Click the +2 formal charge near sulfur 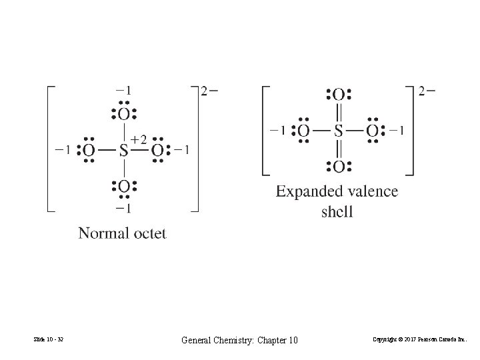pyautogui.click(x=138, y=139)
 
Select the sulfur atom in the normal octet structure pyautogui.click(x=123, y=151)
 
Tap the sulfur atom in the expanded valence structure pyautogui.click(x=339, y=131)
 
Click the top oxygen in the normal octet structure pyautogui.click(x=124, y=114)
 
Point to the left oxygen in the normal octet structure pyautogui.click(x=89, y=151)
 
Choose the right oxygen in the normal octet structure pyautogui.click(x=158, y=151)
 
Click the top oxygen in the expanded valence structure pyautogui.click(x=339, y=95)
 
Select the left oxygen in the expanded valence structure pyautogui.click(x=303, y=131)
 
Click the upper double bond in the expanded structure pyautogui.click(x=339, y=113)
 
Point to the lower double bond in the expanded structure pyautogui.click(x=339, y=149)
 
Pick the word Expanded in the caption pyautogui.click(x=309, y=192)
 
